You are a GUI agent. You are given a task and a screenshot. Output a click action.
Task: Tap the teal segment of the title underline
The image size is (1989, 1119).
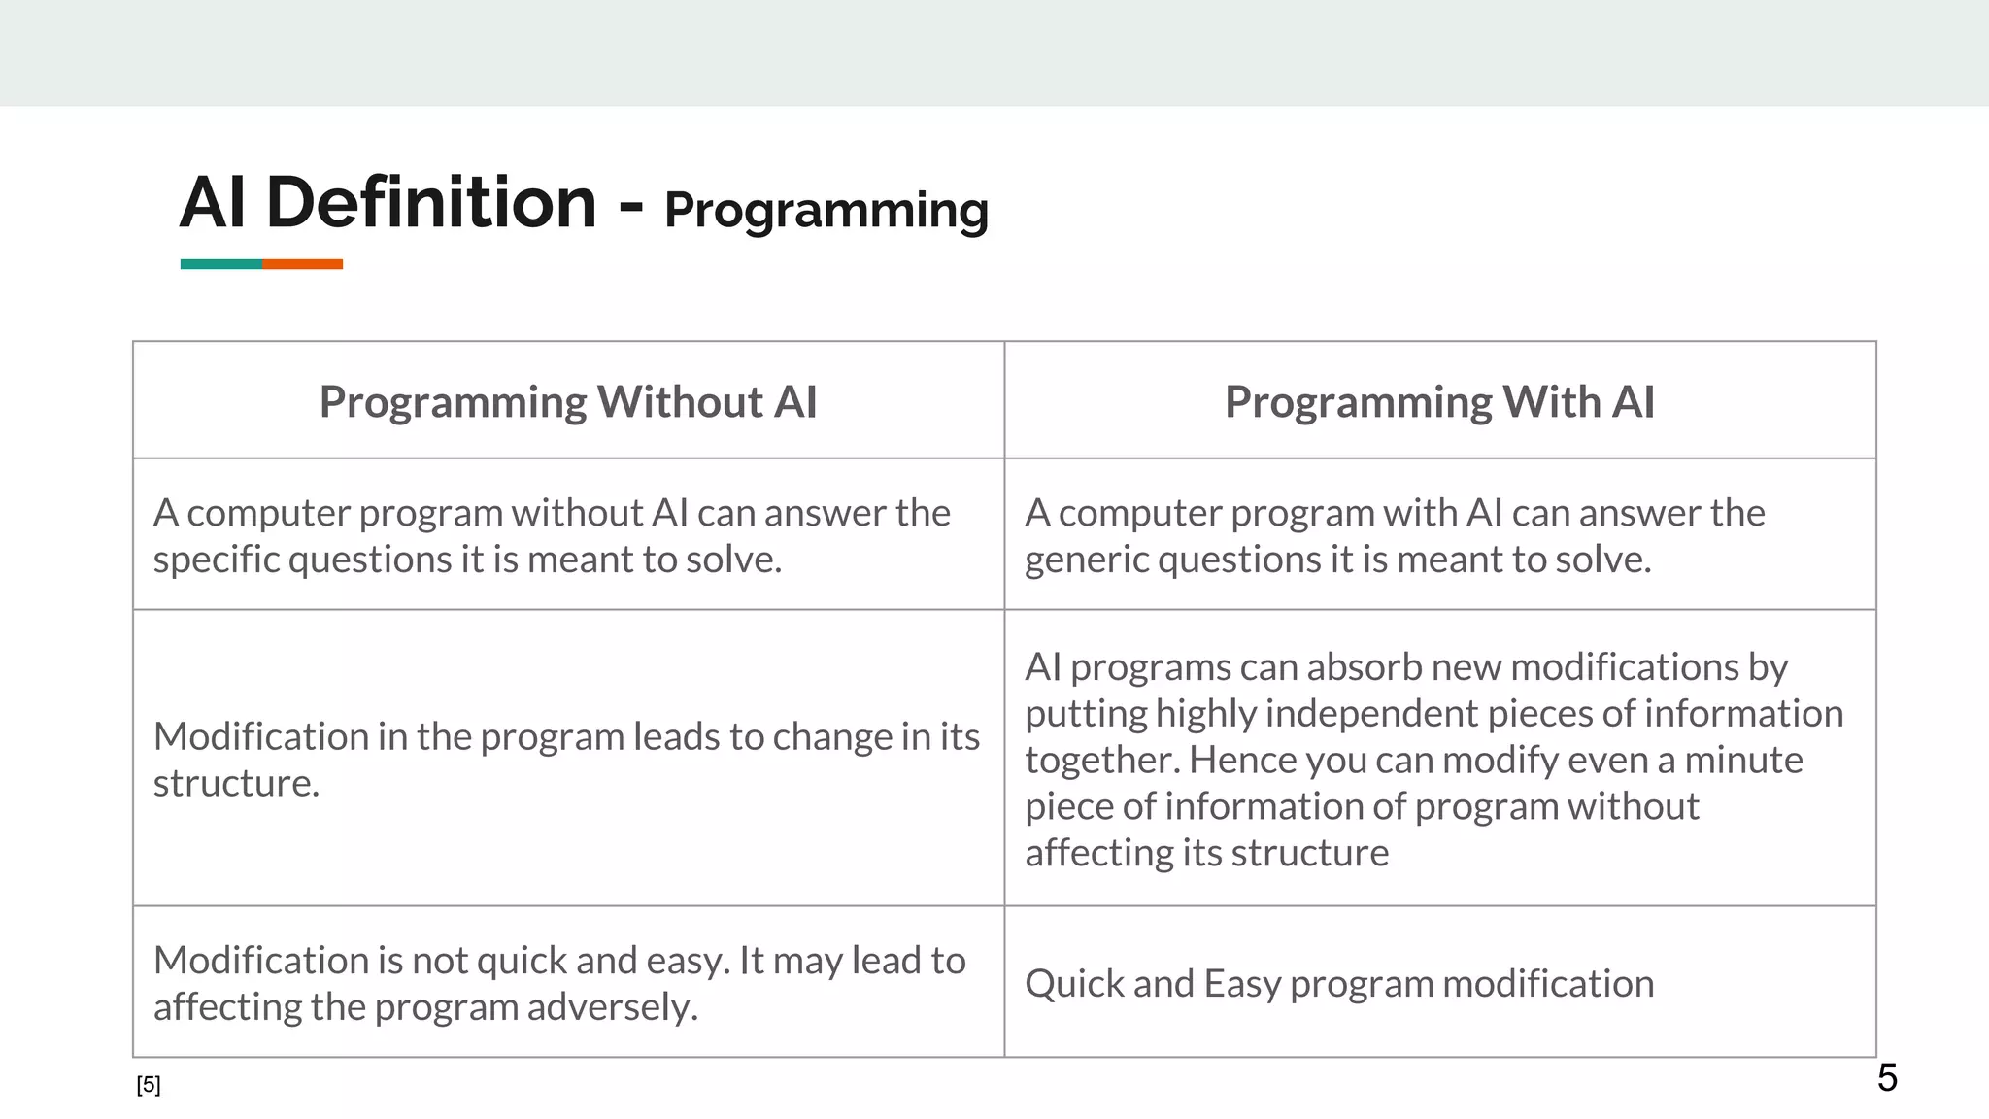pyautogui.click(x=220, y=264)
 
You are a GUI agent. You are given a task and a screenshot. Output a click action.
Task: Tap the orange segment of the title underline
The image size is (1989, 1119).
pyautogui.click(x=302, y=264)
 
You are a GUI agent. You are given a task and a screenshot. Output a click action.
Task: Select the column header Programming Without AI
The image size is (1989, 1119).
pyautogui.click(x=568, y=402)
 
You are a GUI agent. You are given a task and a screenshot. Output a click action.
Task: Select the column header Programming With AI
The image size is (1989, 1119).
pyautogui.click(x=1439, y=402)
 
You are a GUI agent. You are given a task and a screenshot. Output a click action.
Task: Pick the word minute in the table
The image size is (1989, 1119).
pyautogui.click(x=1743, y=760)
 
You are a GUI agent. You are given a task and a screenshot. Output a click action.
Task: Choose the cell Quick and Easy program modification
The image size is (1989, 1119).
pyautogui.click(x=1338, y=984)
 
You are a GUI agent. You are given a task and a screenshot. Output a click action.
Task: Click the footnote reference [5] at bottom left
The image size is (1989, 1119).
pyautogui.click(x=149, y=1085)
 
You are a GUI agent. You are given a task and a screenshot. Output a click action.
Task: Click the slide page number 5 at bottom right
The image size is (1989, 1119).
pyautogui.click(x=1886, y=1078)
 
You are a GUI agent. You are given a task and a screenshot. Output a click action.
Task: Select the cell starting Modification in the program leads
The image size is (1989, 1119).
pyautogui.click(x=566, y=759)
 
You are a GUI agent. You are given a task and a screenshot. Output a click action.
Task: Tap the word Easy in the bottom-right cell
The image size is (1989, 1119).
pyautogui.click(x=1241, y=984)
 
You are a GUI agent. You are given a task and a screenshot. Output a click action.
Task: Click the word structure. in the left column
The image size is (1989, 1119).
pyautogui.click(x=236, y=784)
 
